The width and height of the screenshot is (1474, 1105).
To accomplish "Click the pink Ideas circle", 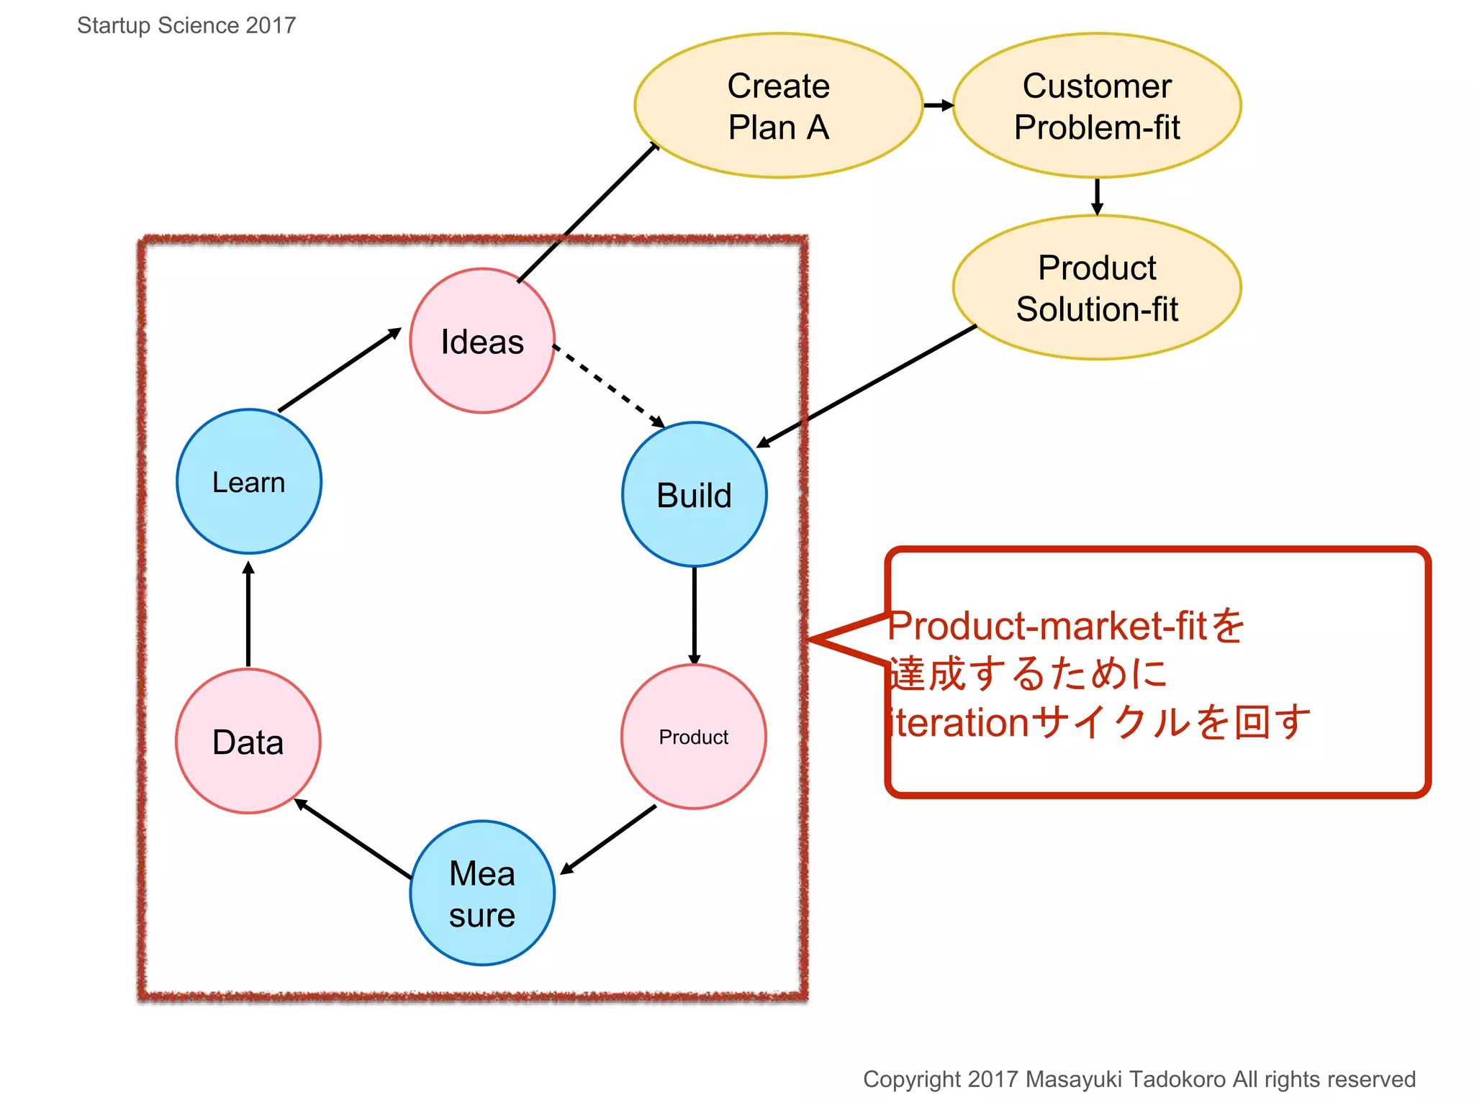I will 482,341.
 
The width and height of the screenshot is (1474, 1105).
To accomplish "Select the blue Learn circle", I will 249,481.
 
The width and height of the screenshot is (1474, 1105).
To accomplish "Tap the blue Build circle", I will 694,494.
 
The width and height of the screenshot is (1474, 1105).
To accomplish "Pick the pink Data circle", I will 248,741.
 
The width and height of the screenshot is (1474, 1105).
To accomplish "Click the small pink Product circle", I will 693,737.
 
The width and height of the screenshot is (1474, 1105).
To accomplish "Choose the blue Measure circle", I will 482,893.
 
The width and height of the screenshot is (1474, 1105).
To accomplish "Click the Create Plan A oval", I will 778,106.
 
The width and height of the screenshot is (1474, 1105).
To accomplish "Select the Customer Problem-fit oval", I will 1096,106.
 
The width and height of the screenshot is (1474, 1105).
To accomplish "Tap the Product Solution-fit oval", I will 1096,288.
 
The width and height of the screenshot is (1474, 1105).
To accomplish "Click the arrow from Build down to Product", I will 694,615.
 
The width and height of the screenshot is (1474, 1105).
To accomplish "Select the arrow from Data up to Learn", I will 248,615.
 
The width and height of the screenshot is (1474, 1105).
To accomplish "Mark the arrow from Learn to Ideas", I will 339,370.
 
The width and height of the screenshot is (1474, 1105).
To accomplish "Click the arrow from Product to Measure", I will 608,839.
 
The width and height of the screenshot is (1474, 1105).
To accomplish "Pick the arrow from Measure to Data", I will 353,838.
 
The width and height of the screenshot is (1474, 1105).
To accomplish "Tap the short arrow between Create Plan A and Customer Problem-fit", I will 938,106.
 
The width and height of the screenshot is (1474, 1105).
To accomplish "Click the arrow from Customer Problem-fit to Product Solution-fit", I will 1097,196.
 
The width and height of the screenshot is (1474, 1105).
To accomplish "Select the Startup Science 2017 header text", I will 186,25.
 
